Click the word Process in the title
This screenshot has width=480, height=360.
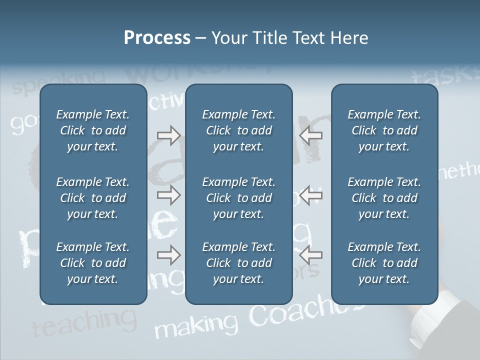(x=157, y=38)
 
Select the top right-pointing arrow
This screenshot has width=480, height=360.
(x=168, y=135)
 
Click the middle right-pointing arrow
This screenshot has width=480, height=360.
(x=168, y=195)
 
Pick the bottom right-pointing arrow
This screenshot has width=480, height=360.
(x=168, y=255)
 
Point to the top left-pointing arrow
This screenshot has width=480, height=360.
(x=311, y=135)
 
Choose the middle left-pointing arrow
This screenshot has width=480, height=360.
(x=311, y=195)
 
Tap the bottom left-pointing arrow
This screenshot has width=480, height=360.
(x=311, y=255)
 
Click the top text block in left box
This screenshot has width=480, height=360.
(x=93, y=130)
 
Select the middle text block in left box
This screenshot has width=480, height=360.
(x=93, y=198)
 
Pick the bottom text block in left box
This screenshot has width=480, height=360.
(x=93, y=263)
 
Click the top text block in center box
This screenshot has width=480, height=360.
(x=238, y=130)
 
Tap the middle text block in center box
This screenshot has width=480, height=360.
(x=238, y=198)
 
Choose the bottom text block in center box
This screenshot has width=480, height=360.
(x=238, y=263)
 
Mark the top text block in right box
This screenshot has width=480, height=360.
(x=384, y=130)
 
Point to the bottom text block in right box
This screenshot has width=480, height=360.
(x=384, y=263)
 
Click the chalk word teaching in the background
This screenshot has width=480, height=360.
(x=84, y=323)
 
